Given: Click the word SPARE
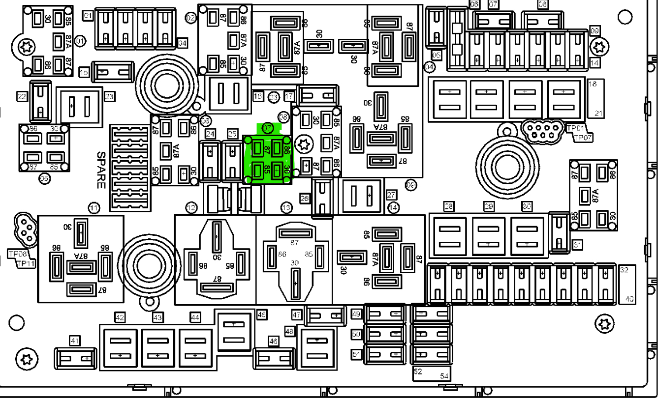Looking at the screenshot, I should click(100, 170).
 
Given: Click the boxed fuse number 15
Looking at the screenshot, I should click(84, 73).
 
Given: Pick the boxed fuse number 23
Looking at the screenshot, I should click(109, 97).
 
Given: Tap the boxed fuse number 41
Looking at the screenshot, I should click(75, 340).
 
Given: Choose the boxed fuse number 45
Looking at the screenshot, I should click(262, 314).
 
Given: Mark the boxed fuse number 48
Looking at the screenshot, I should click(289, 332).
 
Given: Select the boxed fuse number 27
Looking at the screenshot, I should click(392, 194).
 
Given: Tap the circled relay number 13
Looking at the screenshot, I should click(286, 208).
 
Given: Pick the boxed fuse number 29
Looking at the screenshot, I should click(488, 206).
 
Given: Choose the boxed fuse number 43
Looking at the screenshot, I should click(157, 318).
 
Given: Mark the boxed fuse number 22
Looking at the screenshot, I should click(22, 97).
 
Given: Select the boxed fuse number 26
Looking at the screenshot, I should click(305, 199).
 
